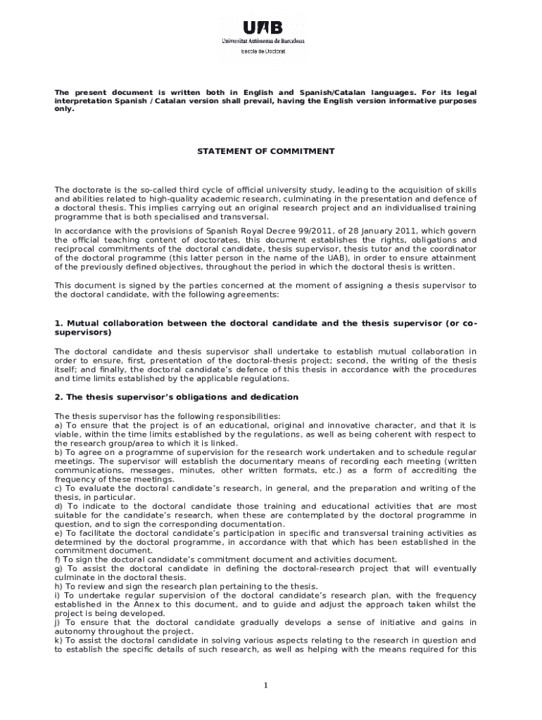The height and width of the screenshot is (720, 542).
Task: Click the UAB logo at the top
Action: pos(263,28)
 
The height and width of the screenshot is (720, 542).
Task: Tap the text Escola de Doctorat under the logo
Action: pos(263,51)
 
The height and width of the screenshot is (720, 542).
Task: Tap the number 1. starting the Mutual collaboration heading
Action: pos(59,323)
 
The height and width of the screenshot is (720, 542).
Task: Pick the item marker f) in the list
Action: pos(58,560)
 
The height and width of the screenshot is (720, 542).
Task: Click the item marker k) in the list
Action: pos(59,641)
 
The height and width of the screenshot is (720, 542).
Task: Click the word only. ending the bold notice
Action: pos(64,110)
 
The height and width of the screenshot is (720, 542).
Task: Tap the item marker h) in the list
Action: pos(59,586)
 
